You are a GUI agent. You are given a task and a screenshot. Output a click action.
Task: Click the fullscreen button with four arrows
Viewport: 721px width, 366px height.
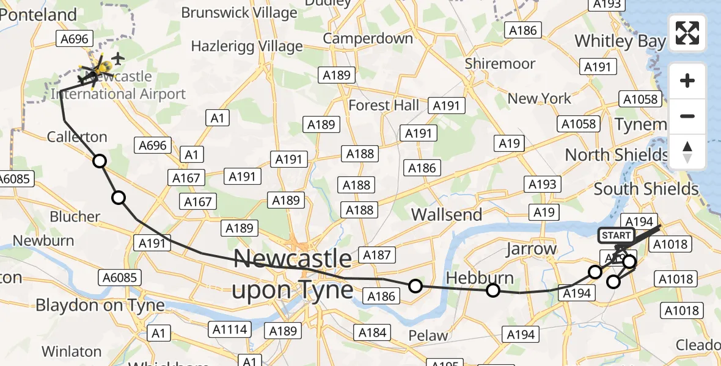[x=687, y=33]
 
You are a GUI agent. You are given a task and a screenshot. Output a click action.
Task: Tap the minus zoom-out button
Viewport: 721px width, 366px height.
[x=687, y=116]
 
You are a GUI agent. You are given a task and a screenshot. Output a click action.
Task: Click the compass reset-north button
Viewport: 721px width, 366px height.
[x=687, y=152]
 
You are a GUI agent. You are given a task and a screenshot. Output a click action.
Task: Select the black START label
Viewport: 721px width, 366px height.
[x=616, y=235]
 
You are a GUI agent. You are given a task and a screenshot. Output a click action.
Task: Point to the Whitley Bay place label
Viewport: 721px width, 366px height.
[x=620, y=41]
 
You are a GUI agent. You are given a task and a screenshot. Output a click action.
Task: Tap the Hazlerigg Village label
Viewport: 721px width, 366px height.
[x=247, y=46]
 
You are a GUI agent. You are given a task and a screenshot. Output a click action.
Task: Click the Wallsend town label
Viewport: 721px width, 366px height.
[x=447, y=215]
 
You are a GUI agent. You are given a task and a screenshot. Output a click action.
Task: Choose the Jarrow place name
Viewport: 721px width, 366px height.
[x=531, y=249]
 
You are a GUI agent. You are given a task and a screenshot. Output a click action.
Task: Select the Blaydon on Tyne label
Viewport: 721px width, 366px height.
[x=100, y=305]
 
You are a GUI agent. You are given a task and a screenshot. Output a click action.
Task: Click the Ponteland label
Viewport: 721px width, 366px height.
[x=39, y=15]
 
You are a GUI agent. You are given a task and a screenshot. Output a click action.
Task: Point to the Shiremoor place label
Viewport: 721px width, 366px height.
[x=500, y=63]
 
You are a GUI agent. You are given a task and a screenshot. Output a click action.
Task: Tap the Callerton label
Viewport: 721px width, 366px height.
[x=78, y=137]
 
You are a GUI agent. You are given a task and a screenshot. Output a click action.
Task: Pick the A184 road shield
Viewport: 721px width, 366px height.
[x=373, y=332]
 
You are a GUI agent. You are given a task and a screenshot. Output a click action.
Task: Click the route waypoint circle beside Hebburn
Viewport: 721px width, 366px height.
[x=493, y=290]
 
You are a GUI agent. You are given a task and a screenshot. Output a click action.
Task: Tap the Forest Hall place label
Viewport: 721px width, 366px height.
[x=384, y=105]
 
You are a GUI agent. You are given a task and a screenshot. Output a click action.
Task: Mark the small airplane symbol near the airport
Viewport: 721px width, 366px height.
[x=119, y=59]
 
